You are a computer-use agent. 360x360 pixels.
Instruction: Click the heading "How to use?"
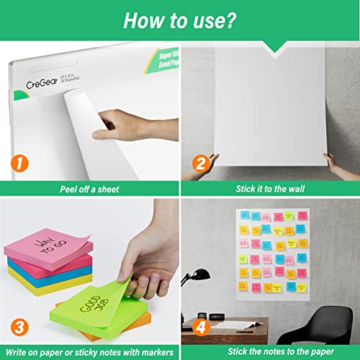[180, 19]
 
